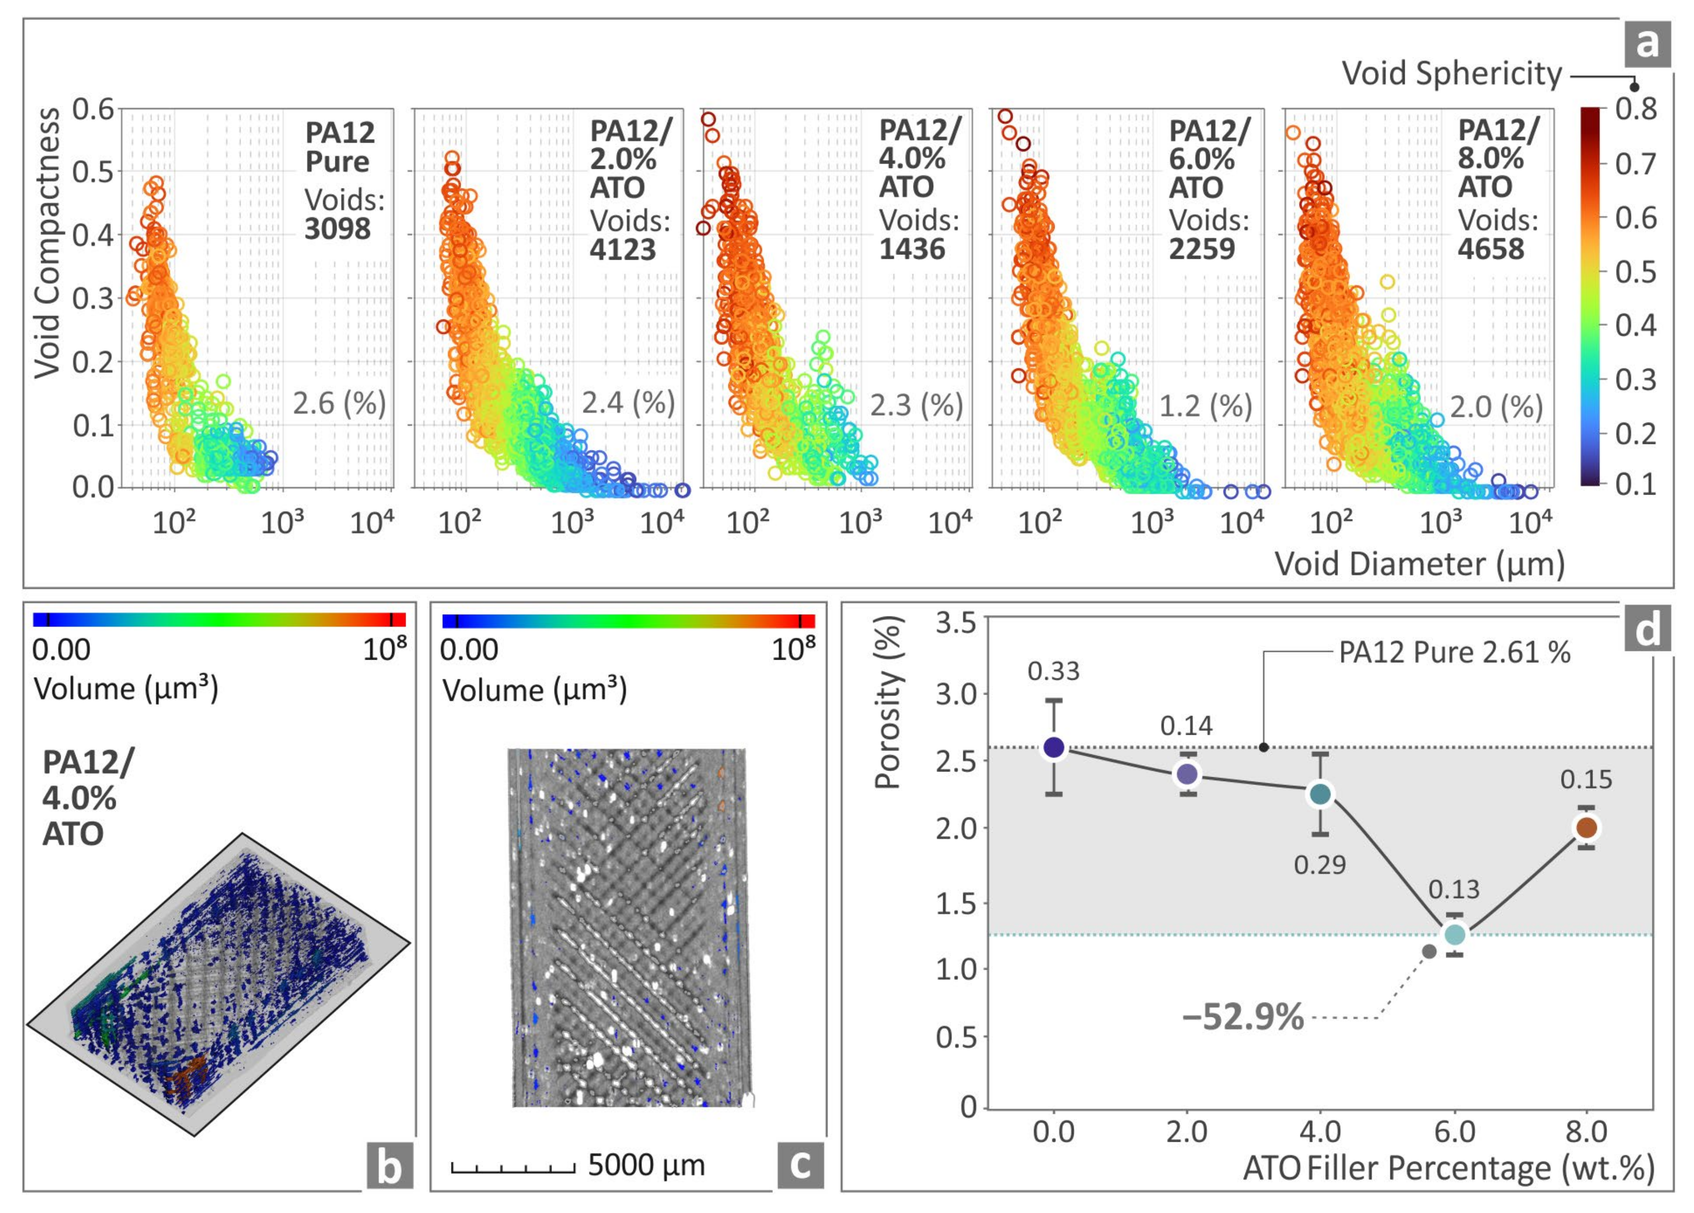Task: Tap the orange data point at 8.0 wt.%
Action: click(1586, 827)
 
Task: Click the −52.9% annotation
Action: click(1243, 1017)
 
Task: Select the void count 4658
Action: click(1490, 249)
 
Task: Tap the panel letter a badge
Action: click(1647, 44)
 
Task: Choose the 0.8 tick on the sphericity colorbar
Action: click(1636, 109)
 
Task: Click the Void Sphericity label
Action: click(1451, 74)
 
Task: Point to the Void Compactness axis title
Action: click(47, 243)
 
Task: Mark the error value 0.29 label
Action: click(1320, 865)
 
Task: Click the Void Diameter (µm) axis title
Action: click(1419, 564)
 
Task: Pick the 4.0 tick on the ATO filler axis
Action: click(1320, 1132)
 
